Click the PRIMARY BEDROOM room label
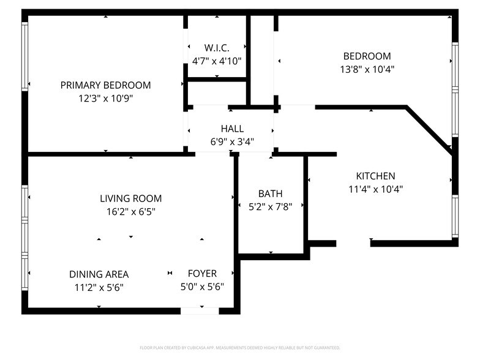click(105, 85)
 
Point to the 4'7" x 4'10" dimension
click(217, 61)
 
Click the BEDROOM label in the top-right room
click(367, 56)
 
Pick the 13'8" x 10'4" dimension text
click(367, 69)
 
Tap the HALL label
click(232, 129)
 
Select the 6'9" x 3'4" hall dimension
click(232, 141)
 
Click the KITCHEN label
click(375, 176)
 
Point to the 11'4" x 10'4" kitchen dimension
click(375, 189)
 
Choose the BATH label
click(270, 194)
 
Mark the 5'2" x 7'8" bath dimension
click(270, 206)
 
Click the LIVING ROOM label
click(130, 198)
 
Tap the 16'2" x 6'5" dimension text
click(130, 211)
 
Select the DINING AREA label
click(99, 274)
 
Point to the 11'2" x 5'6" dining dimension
click(99, 287)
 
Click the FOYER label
click(202, 274)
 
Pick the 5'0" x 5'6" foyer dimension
click(202, 287)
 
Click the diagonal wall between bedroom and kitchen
click(430, 130)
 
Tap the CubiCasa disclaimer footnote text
click(240, 347)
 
